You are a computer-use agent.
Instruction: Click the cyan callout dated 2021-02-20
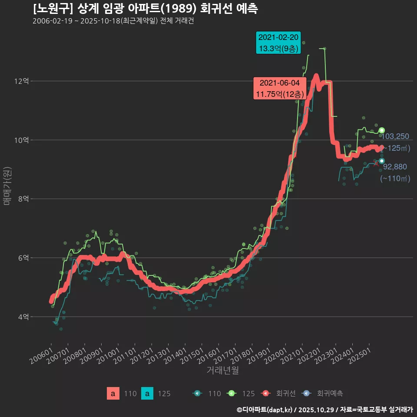pyautogui.click(x=278, y=43)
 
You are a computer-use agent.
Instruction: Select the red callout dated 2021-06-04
pyautogui.click(x=280, y=88)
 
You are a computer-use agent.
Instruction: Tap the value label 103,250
pyautogui.click(x=395, y=136)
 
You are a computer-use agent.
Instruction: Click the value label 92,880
pyautogui.click(x=395, y=166)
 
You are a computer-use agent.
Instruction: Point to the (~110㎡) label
pyautogui.click(x=395, y=178)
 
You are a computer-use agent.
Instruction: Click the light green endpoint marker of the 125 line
pyautogui.click(x=382, y=130)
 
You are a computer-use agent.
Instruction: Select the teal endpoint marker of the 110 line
pyautogui.click(x=382, y=161)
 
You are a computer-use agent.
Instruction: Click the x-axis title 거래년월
pyautogui.click(x=222, y=371)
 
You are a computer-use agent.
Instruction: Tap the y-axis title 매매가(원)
pyautogui.click(x=7, y=186)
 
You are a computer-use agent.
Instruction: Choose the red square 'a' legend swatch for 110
pyautogui.click(x=113, y=394)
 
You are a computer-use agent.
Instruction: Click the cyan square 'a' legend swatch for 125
pyautogui.click(x=148, y=394)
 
